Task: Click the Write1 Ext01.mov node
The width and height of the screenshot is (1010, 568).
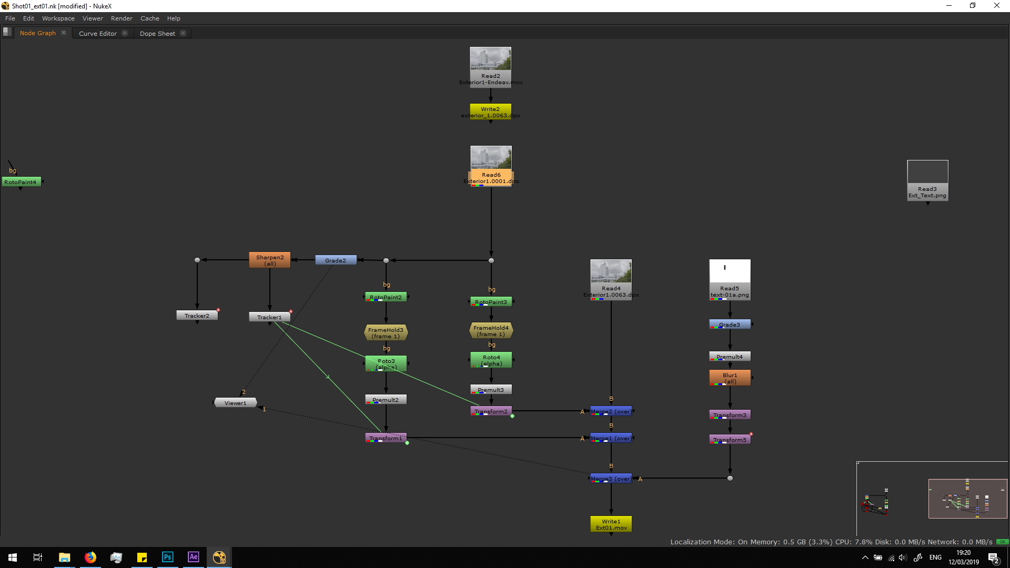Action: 611,524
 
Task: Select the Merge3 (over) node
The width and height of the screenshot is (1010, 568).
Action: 611,479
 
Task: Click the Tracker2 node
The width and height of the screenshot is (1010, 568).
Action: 197,316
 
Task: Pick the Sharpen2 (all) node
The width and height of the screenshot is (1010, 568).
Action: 270,260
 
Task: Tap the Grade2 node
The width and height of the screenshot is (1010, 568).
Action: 336,260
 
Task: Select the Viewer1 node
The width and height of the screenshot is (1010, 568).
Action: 235,403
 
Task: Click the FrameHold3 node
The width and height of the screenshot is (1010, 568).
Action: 386,333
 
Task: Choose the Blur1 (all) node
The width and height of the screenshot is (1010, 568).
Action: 730,378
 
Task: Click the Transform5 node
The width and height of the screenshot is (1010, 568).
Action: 730,440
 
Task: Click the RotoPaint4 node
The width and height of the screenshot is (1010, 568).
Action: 21,182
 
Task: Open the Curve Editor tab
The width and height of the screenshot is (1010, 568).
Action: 98,33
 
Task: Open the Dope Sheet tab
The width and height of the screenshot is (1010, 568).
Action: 157,33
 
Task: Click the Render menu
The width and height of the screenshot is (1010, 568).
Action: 122,18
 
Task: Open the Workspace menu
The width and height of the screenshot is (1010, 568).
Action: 58,18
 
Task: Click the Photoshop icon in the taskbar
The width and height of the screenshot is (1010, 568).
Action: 167,557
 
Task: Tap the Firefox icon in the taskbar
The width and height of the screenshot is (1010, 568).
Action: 90,557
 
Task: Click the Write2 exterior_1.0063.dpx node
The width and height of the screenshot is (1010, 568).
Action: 490,112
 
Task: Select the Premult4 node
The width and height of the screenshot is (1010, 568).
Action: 730,357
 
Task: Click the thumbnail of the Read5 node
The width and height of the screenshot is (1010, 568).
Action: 730,271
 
